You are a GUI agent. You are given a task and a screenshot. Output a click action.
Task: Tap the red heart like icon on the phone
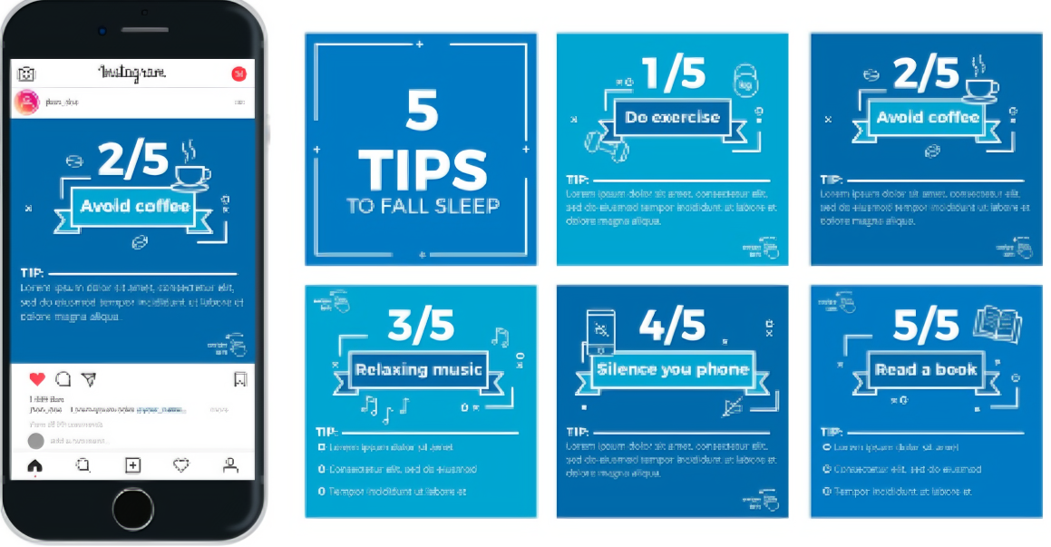(37, 379)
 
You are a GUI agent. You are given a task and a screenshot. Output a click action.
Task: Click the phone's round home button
(133, 507)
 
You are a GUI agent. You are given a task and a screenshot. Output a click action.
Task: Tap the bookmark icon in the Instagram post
(240, 379)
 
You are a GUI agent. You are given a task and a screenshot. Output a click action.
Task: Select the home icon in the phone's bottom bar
(35, 465)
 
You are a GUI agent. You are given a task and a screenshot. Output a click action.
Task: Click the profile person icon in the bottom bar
(230, 465)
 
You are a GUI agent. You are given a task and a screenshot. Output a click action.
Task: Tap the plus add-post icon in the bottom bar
(132, 465)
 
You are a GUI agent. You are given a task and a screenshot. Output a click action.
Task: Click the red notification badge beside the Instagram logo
(239, 73)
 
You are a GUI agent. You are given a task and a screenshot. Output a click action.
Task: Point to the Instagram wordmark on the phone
(132, 73)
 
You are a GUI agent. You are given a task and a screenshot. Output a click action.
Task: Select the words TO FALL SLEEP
(423, 206)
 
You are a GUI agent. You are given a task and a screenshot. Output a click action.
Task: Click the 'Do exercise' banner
(672, 117)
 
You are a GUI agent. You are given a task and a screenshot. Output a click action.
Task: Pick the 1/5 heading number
(672, 74)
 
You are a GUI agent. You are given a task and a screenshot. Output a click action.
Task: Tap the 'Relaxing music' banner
(419, 369)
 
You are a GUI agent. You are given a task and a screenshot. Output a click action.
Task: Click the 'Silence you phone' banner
(672, 369)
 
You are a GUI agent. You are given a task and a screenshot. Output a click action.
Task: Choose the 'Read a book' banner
(925, 369)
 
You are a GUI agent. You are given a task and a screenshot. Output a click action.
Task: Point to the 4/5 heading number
(672, 325)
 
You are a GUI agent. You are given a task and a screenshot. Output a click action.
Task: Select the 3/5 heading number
(420, 326)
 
